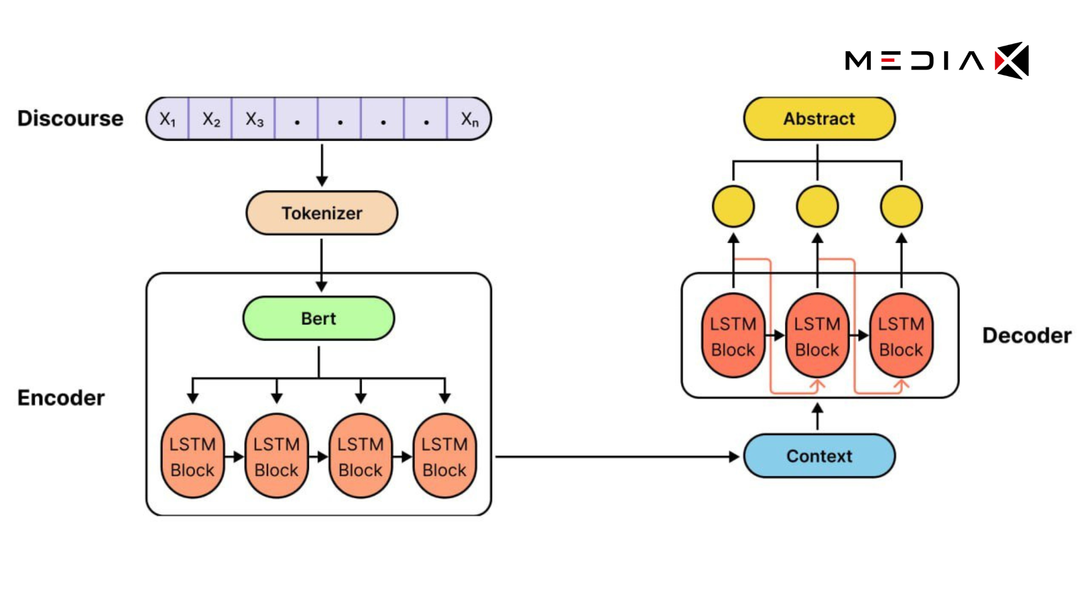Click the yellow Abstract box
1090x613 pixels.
coord(819,119)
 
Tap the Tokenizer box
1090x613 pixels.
coord(321,213)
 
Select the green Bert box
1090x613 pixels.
coord(318,318)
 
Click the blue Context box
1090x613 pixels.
coord(819,456)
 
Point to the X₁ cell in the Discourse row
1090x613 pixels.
coord(167,119)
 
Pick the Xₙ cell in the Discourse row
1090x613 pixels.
coord(469,119)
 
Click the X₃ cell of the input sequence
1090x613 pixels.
coord(254,119)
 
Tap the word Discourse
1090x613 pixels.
coord(70,119)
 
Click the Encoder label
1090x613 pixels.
coord(61,398)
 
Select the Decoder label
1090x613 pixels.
coord(1026,335)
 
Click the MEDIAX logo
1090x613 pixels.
coord(937,60)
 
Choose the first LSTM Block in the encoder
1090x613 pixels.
coord(192,456)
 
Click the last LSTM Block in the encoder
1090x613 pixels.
coord(445,456)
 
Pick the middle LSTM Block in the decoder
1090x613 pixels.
coord(817,336)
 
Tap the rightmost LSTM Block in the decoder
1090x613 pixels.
coord(901,336)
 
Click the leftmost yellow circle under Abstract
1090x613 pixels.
coord(733,207)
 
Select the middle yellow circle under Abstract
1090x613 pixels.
coord(817,207)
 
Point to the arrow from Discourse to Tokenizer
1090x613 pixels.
coord(322,165)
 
